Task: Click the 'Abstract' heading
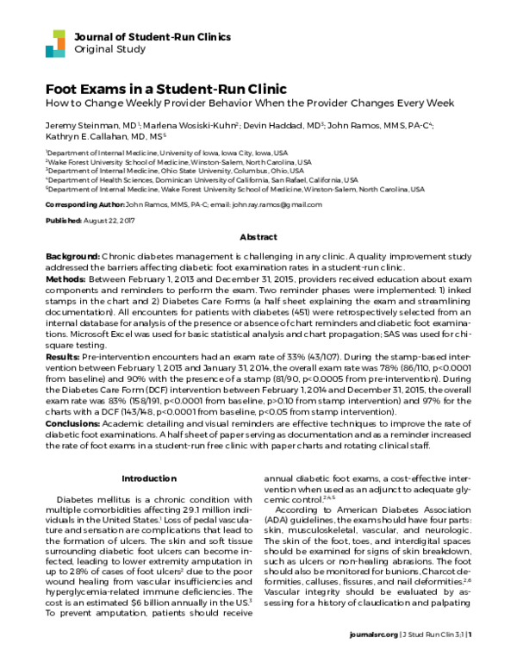pos(258,236)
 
